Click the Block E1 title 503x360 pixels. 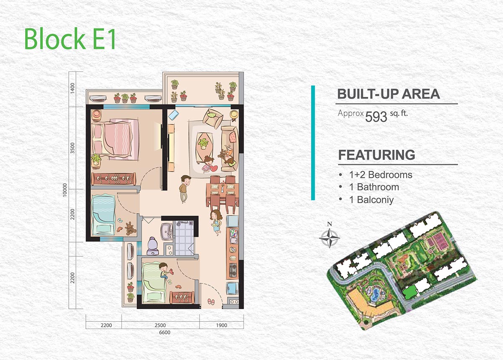point(70,39)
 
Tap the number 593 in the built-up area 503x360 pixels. point(376,117)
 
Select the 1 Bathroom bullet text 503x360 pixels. point(374,187)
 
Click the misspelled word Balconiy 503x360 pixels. point(375,200)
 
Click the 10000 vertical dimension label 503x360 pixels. point(65,190)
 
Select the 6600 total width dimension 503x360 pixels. point(165,332)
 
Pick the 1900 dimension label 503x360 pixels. point(221,325)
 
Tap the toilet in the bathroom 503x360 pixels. point(153,246)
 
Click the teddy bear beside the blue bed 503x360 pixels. point(130,229)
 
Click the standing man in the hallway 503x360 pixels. point(185,189)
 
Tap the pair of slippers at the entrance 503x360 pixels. point(211,301)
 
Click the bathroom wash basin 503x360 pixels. point(166,232)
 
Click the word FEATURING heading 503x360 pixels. point(376,155)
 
